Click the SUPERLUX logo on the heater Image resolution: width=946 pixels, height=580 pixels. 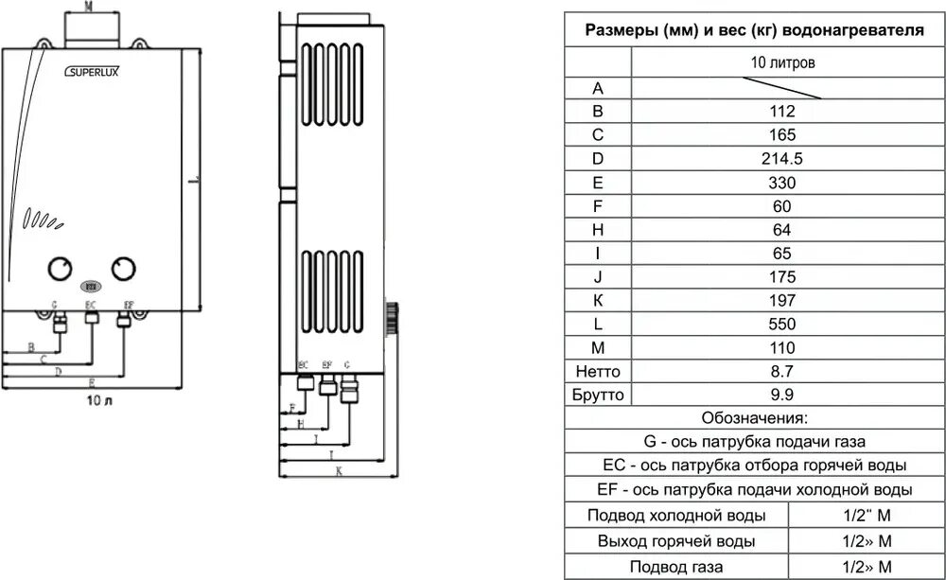coord(91,69)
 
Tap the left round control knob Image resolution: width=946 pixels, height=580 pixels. coord(61,269)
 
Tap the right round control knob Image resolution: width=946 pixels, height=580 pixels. coord(123,269)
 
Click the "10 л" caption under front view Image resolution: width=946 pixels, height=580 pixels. coord(99,401)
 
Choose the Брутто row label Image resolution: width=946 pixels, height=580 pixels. coord(598,395)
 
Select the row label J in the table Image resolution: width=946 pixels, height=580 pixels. coord(598,277)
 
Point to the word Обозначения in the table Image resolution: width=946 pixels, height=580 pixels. coord(754,418)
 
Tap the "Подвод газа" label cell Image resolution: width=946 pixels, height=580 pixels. coord(675,568)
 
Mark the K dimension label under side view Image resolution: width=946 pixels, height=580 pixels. coord(338,470)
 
